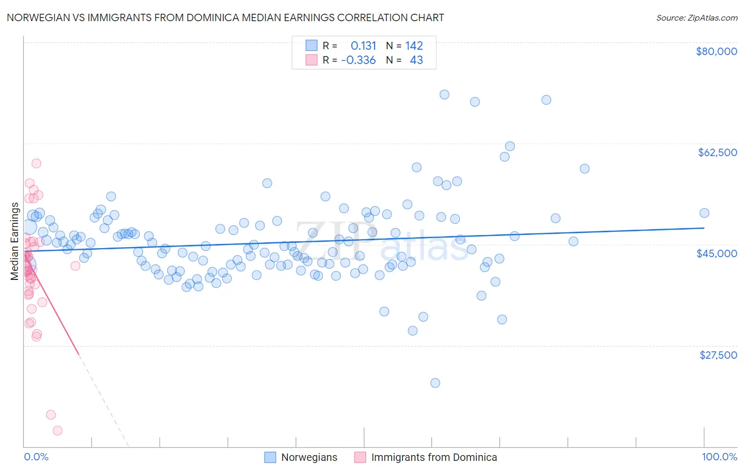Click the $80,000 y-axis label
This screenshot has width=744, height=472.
(x=716, y=51)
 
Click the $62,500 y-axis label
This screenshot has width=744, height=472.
(x=717, y=152)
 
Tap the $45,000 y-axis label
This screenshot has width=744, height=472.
(x=716, y=253)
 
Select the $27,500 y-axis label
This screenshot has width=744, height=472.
(x=718, y=355)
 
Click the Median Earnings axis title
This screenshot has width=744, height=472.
(x=15, y=241)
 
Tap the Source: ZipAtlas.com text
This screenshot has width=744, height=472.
(x=696, y=18)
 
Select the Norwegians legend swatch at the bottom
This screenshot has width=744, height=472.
(x=270, y=457)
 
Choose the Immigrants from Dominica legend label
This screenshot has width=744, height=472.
(x=434, y=457)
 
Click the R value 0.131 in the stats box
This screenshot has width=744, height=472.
(x=363, y=46)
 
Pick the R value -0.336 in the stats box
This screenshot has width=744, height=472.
(x=358, y=60)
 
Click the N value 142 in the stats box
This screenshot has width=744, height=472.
(x=414, y=46)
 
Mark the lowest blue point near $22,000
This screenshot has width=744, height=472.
(x=435, y=383)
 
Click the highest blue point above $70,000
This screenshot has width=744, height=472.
(x=444, y=95)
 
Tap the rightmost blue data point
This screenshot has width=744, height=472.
(x=704, y=213)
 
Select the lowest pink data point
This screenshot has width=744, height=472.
(x=58, y=431)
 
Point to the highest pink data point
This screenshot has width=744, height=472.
(x=37, y=164)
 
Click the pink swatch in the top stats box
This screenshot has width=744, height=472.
(x=312, y=60)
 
